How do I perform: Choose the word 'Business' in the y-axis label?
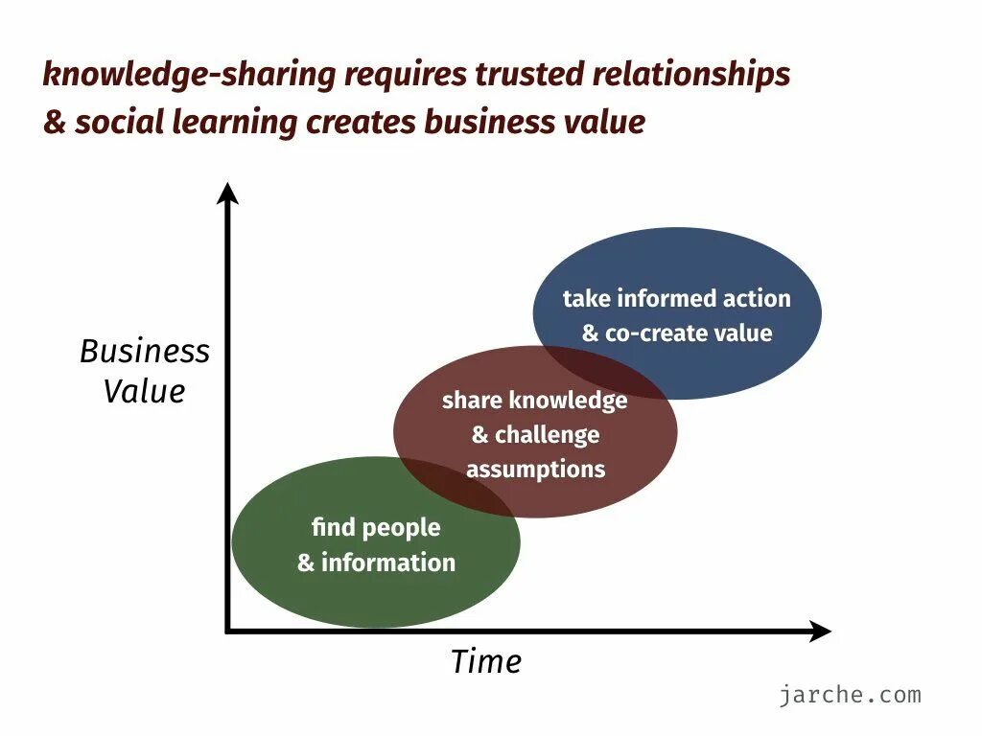click(x=145, y=352)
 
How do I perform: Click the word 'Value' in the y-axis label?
click(x=145, y=392)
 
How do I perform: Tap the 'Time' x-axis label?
click(x=486, y=662)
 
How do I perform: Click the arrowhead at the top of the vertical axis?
click(x=227, y=194)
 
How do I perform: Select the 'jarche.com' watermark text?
click(x=850, y=695)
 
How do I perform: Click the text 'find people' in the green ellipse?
click(x=376, y=527)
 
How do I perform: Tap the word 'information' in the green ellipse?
click(x=388, y=563)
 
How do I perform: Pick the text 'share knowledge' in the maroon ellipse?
click(x=535, y=401)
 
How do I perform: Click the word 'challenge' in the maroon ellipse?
click(x=548, y=435)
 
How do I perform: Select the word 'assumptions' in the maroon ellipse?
click(x=535, y=470)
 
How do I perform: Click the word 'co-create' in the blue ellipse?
click(x=650, y=333)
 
